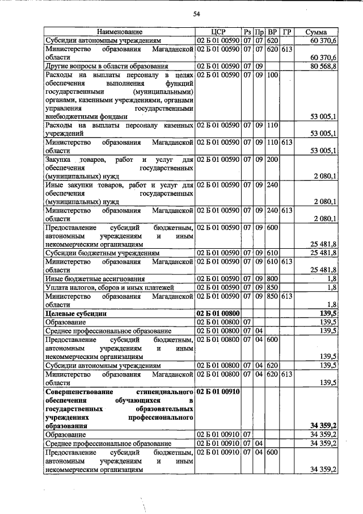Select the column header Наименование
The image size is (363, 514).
tap(119, 32)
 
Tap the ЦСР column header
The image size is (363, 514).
tap(218, 32)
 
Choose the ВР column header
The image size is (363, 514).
tap(272, 32)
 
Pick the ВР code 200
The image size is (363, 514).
tap(272, 160)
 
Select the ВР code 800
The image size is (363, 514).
tap(272, 278)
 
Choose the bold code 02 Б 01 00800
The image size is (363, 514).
tap(218, 313)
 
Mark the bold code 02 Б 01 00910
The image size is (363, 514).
tap(218, 392)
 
